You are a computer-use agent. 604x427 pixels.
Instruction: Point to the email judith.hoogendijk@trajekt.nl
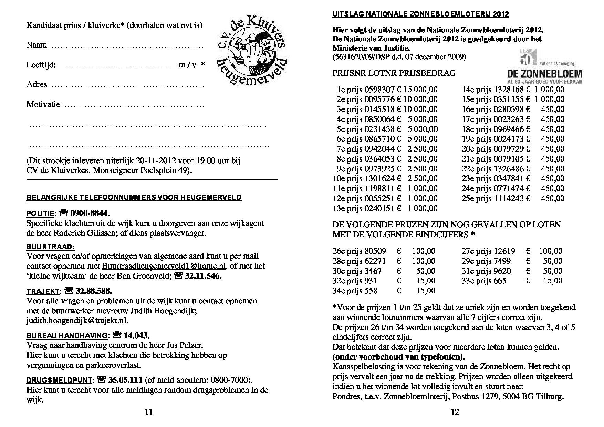[x=76, y=320]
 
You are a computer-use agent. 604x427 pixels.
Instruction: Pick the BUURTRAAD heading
[x=50, y=247]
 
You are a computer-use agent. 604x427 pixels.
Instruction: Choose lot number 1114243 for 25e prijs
[x=509, y=198]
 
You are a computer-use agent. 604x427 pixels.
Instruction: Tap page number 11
[x=149, y=412]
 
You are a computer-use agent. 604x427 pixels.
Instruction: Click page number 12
[x=455, y=412]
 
